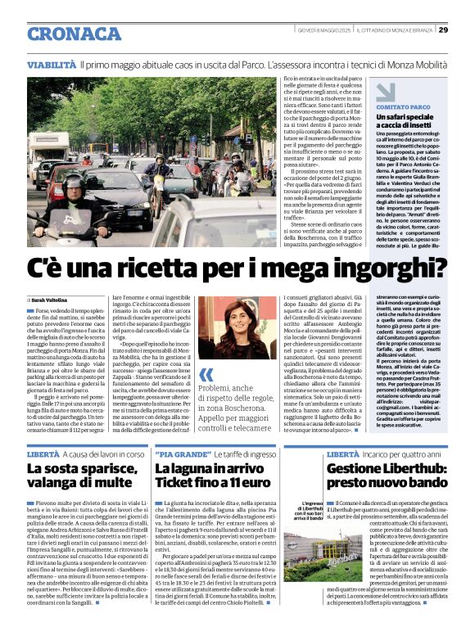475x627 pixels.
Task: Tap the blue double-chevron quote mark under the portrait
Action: point(206,374)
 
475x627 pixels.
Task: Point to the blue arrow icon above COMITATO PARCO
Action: point(363,91)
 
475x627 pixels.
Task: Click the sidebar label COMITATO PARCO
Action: point(380,107)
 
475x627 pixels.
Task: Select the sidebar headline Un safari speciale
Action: point(382,117)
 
